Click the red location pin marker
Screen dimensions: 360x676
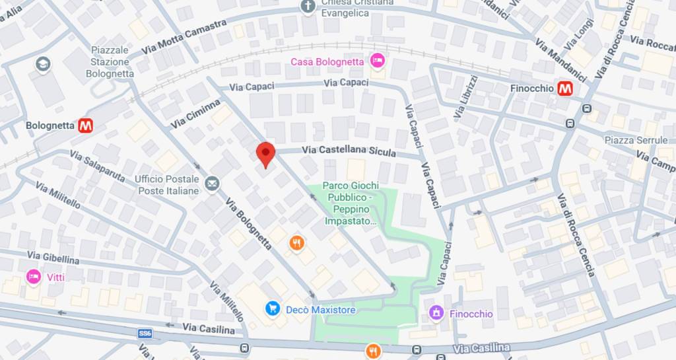tap(265, 155)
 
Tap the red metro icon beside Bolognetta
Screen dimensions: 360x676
tap(85, 126)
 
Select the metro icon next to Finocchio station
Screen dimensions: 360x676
tap(564, 89)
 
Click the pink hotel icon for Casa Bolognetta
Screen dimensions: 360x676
tap(377, 61)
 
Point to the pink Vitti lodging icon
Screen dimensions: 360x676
tap(32, 277)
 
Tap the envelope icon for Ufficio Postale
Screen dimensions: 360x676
tap(212, 183)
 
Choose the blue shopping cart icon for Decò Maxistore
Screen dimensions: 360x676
tap(271, 308)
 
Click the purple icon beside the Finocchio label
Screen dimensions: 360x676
tap(436, 313)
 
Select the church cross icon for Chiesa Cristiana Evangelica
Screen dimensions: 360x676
tap(307, 7)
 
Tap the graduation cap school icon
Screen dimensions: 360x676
tap(44, 64)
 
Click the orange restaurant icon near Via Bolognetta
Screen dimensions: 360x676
tap(296, 244)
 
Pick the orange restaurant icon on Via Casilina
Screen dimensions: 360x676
tap(373, 350)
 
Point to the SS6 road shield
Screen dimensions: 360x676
tap(145, 334)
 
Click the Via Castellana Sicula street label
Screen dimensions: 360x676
tap(349, 151)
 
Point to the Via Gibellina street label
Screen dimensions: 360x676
tap(53, 257)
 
